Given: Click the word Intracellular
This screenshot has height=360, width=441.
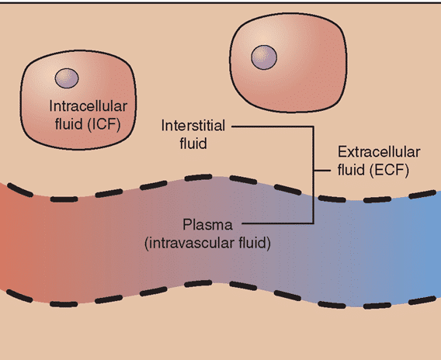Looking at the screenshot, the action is pos(88,106).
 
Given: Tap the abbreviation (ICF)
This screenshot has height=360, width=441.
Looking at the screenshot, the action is pos(104,124).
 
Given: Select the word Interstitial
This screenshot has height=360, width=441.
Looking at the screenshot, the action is pos(193,126).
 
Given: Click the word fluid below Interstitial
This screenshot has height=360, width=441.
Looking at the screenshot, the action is pos(193,143).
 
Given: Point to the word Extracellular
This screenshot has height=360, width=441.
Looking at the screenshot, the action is pos(379,152).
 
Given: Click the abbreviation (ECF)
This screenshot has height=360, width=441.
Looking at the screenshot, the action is pos(389,170).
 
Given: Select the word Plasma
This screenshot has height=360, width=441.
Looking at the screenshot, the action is pos(207,225).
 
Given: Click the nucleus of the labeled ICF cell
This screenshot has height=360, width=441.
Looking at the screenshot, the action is pos(67,78).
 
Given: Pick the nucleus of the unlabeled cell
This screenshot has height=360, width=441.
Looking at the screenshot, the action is pos(264,57).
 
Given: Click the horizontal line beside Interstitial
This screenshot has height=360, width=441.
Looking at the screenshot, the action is pos(273,126).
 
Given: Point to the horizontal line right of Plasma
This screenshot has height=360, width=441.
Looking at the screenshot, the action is pos(278,223).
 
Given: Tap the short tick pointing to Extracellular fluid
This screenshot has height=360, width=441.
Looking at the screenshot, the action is pos(322,171).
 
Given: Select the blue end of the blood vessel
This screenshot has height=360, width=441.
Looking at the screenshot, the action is pos(425,249).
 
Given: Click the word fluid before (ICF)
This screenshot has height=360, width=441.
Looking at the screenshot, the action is pos(68,124).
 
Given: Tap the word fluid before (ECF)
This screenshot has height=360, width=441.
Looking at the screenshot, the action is pos(352,170).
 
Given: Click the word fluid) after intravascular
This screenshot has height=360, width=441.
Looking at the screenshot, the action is pos(255,243).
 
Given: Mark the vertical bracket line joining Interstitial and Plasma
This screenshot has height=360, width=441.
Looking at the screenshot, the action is pos(314,175).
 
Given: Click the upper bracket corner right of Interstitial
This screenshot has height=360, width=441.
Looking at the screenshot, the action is pos(314,126).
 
